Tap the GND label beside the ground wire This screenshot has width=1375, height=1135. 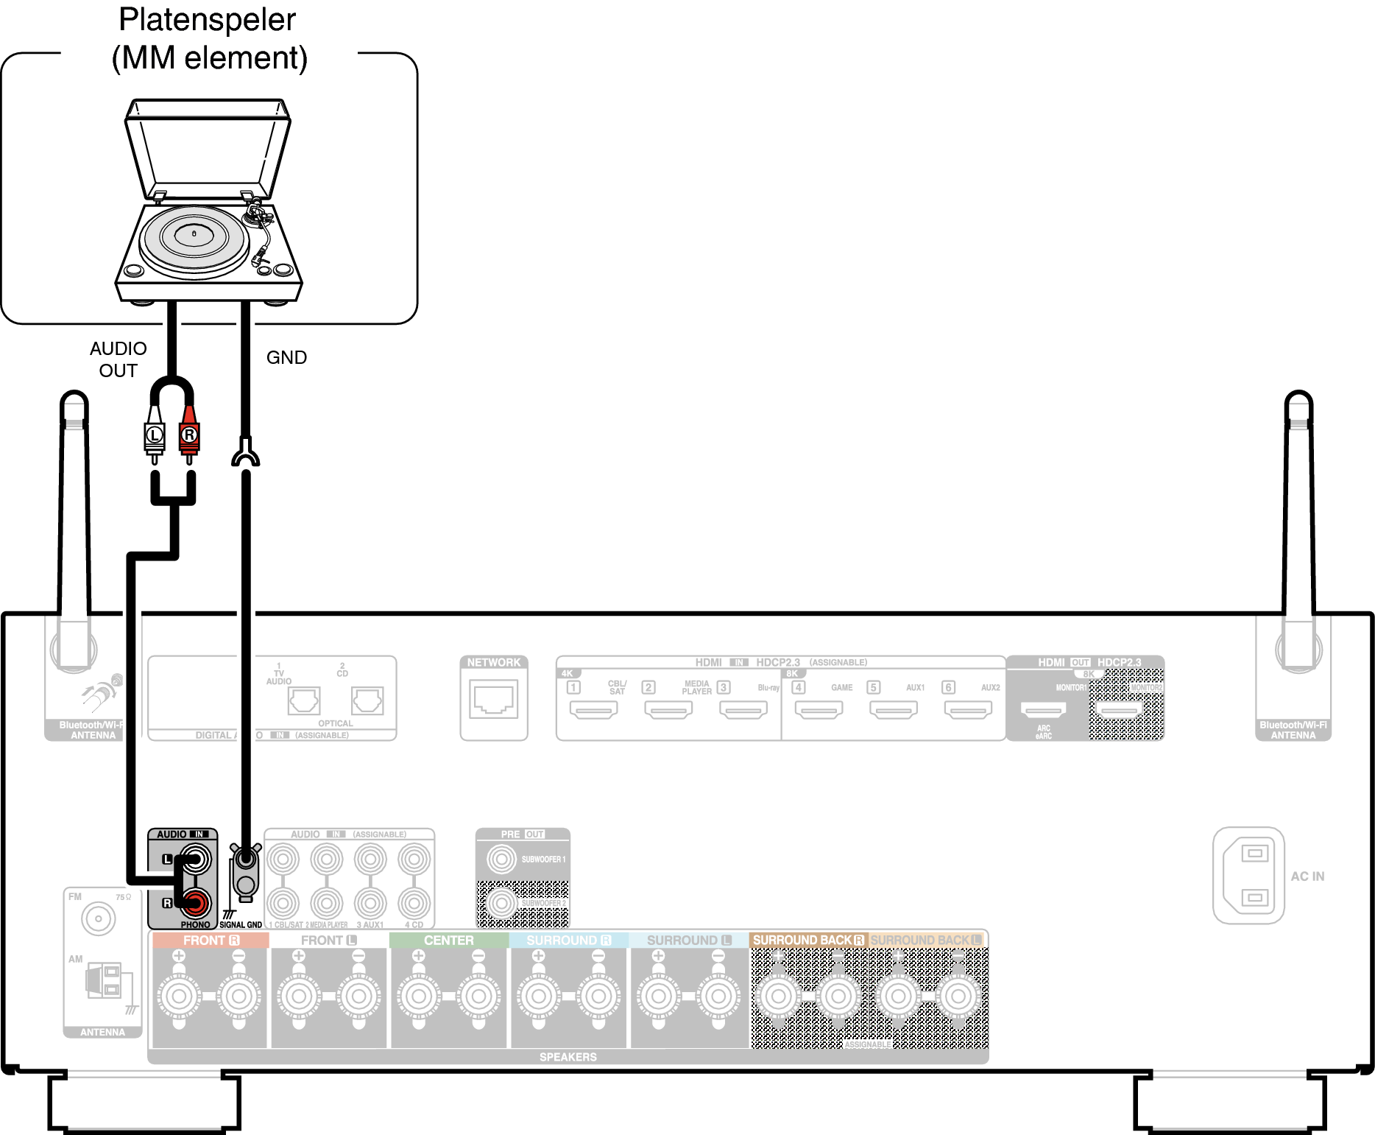point(286,357)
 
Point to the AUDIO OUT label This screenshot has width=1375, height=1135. point(119,359)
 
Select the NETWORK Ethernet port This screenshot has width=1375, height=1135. point(494,700)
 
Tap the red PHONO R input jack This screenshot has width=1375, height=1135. point(197,902)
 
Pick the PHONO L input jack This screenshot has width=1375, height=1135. point(196,859)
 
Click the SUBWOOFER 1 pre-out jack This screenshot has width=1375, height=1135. point(502,859)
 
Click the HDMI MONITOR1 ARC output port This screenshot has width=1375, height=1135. point(1043,711)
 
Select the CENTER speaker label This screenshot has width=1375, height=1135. point(448,941)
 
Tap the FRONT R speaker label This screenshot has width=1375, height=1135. point(211,941)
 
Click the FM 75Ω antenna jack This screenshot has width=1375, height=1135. point(99,918)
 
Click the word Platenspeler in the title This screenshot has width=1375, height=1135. point(207,20)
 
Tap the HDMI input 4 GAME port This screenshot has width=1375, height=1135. point(819,710)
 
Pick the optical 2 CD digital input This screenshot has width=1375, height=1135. point(367,700)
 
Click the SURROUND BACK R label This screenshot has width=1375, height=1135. point(808,941)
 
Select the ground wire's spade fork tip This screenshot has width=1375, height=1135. point(246,454)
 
